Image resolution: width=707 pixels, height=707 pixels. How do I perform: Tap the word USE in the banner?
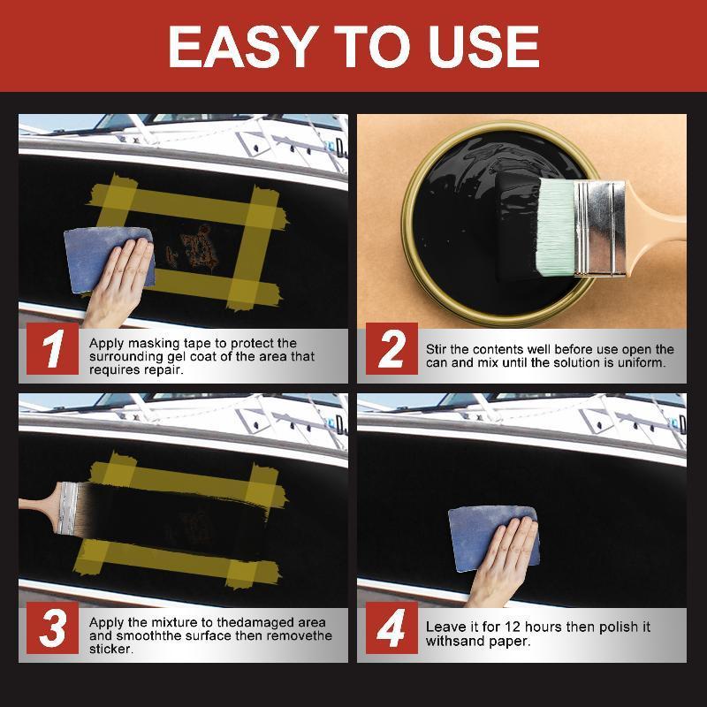tap(484, 47)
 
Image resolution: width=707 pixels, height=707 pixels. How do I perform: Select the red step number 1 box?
tap(52, 349)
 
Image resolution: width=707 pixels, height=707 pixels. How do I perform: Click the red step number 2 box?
tap(392, 349)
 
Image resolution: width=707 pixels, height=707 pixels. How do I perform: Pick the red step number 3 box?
tap(52, 627)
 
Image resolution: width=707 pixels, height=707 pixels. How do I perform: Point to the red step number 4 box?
tap(392, 627)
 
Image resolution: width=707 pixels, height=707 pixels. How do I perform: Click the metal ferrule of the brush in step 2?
tap(600, 228)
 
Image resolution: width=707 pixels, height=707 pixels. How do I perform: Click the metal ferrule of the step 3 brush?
tap(69, 509)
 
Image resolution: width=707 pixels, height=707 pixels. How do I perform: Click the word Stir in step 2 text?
tap(436, 349)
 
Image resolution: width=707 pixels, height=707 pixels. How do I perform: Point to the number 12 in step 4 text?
tap(513, 627)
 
